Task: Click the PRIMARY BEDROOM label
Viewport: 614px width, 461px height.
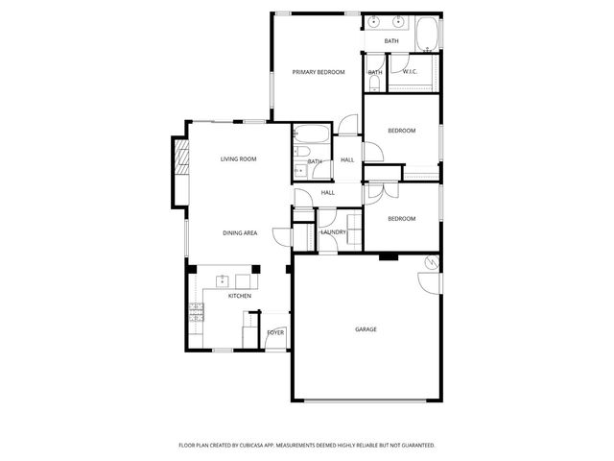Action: (x=318, y=72)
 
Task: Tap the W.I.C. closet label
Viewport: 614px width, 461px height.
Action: (x=410, y=72)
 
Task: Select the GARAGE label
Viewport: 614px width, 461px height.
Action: (x=366, y=329)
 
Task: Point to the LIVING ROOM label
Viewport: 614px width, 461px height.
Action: (x=238, y=159)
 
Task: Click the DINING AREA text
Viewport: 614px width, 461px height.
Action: (x=239, y=233)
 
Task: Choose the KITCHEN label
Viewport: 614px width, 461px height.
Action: (x=239, y=296)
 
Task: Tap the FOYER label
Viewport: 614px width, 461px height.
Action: (x=275, y=332)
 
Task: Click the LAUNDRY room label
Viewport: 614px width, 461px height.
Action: (x=333, y=232)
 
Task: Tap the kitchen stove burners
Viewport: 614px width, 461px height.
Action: (x=197, y=310)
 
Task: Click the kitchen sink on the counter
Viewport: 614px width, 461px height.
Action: (x=223, y=281)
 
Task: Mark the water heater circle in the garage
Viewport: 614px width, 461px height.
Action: (x=433, y=263)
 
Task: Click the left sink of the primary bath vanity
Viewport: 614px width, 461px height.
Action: (x=373, y=21)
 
